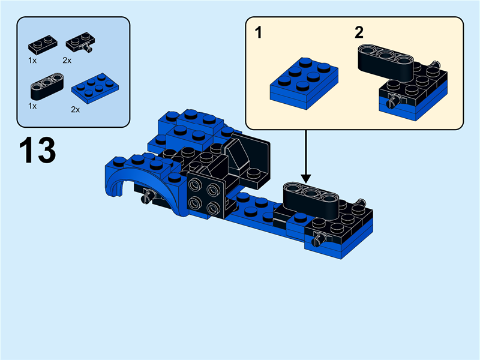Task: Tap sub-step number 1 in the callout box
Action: tap(259, 32)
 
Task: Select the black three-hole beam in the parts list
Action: tap(45, 85)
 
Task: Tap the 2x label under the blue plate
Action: tap(76, 110)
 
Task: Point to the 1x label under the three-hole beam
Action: tap(32, 106)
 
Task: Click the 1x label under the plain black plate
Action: tap(32, 61)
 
